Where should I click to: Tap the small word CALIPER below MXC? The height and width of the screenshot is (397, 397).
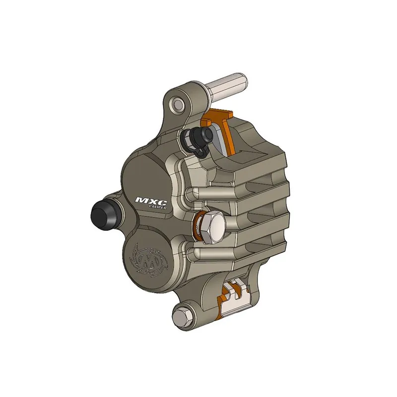[x=157, y=209]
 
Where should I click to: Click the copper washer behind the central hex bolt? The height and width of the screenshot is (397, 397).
[x=199, y=226]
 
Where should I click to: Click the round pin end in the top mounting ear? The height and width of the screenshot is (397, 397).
[x=177, y=104]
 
